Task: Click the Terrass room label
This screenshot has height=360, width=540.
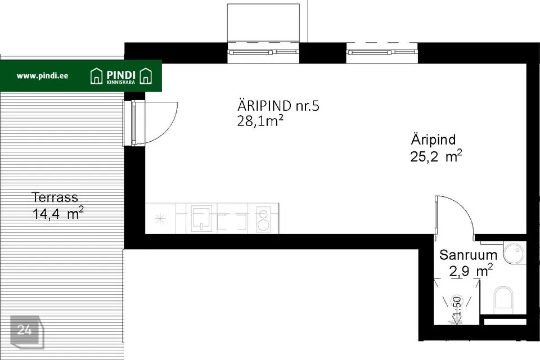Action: (x=55, y=197)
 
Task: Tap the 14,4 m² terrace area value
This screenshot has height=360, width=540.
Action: (x=58, y=213)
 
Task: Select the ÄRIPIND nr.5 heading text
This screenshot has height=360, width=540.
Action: (x=278, y=106)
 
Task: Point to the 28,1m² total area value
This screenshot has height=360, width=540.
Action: (x=260, y=121)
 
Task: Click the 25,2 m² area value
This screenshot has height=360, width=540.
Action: (x=436, y=156)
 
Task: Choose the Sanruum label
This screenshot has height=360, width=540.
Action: (x=468, y=255)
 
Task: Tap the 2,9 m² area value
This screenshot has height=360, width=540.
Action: (x=471, y=271)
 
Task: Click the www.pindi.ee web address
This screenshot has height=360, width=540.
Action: (x=42, y=76)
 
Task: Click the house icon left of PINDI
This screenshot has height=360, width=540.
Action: (x=96, y=76)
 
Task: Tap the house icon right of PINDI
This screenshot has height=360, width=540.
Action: (x=146, y=76)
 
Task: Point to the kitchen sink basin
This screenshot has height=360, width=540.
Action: (x=201, y=218)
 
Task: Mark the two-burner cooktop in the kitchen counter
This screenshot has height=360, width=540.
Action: (x=263, y=220)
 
